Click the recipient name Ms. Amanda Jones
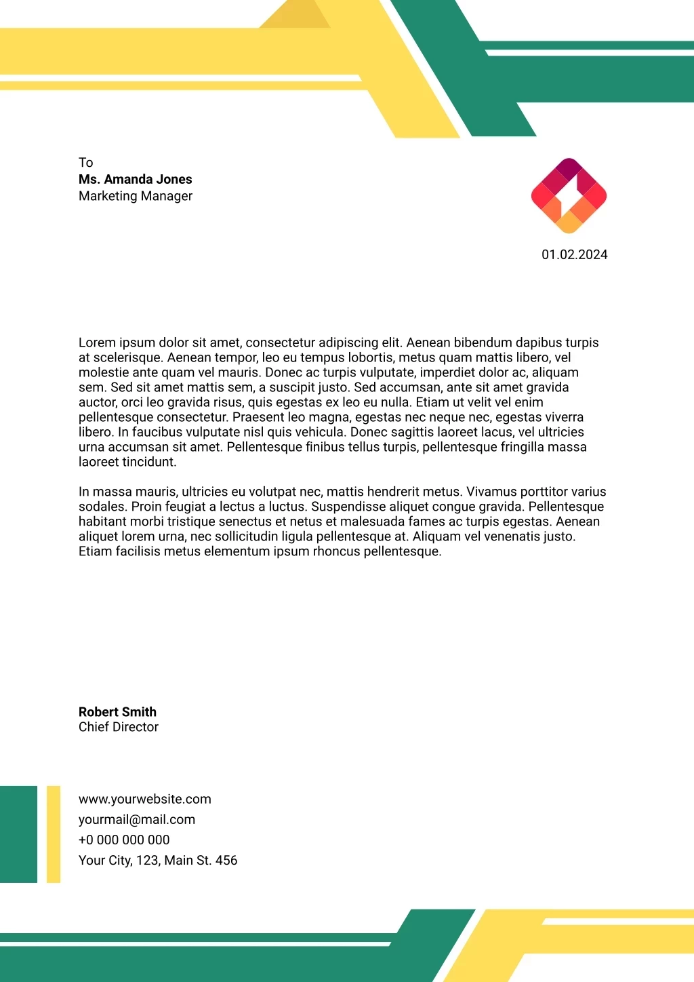click(135, 179)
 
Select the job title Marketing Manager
click(135, 196)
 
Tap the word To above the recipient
click(85, 163)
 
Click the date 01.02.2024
click(574, 255)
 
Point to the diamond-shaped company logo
click(569, 196)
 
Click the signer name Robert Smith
click(117, 712)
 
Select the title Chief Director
click(118, 727)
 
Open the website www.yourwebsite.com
click(144, 800)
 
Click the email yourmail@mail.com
click(136, 820)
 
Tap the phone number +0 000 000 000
click(124, 840)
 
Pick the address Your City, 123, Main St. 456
click(157, 861)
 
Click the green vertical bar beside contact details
click(18, 834)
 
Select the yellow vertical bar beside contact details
click(54, 834)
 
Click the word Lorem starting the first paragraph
click(97, 343)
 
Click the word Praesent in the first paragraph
click(258, 418)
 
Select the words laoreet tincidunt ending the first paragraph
click(127, 463)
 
